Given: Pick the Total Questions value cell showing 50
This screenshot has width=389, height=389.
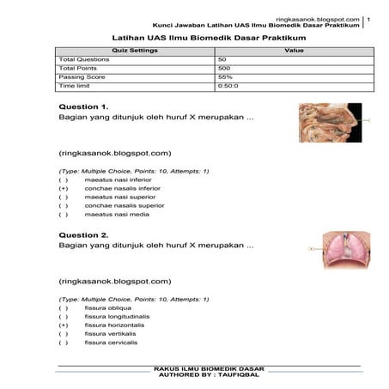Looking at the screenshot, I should (x=222, y=60).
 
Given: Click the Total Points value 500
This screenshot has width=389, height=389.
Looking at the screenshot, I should (x=224, y=69).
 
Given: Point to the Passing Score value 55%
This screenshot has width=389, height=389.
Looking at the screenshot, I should (x=225, y=77).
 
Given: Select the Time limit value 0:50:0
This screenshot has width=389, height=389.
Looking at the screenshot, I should (x=228, y=86).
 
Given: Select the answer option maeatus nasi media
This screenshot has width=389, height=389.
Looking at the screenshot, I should (x=116, y=215).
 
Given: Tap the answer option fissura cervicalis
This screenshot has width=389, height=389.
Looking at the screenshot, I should (x=112, y=343).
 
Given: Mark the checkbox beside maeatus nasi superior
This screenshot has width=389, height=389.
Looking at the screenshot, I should (x=64, y=198).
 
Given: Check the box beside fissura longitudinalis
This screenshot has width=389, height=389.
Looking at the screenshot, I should (x=64, y=317).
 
